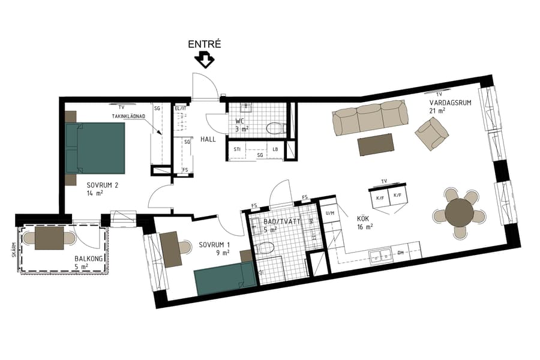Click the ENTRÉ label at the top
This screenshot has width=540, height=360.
205,44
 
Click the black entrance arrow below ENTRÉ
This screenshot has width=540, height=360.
205,60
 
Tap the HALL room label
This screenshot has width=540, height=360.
208,139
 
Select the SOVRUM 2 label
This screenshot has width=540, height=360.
101,185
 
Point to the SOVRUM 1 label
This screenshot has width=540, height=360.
212,244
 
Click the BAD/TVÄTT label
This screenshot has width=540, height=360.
278,221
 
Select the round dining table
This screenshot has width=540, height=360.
460,211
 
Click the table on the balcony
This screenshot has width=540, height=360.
49,238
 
